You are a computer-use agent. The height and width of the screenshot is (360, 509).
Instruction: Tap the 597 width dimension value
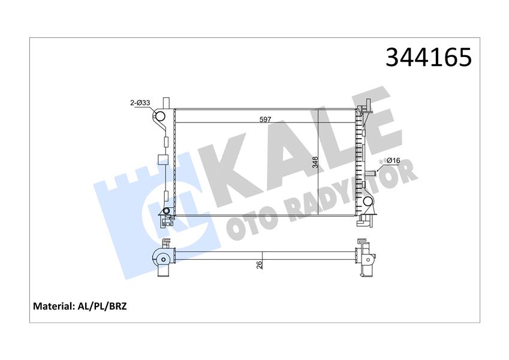[x=265, y=119]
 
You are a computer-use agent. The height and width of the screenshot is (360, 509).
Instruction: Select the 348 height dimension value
[x=316, y=161]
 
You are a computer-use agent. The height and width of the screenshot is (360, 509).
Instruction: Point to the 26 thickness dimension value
[x=259, y=264]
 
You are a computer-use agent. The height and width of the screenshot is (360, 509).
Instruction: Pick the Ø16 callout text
[x=393, y=161]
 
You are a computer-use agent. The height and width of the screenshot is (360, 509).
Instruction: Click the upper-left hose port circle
[x=160, y=117]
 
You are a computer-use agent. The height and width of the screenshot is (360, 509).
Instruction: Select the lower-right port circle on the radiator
[x=368, y=202]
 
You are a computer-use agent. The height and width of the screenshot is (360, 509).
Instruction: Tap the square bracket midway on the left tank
[x=161, y=160]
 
